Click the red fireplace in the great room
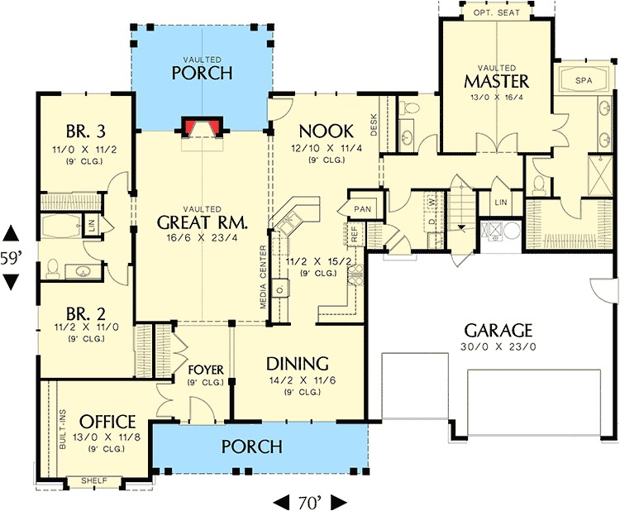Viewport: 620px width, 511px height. coord(202,127)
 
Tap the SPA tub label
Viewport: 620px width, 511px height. coord(584,81)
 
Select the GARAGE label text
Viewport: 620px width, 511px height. coord(498,330)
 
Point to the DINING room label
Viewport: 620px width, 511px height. coord(298,364)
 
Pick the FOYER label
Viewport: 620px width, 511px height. coord(203,369)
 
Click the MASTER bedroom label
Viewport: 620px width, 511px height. coord(496,81)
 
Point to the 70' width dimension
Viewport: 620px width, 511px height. coord(309,500)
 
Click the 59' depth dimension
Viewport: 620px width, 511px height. coord(11,257)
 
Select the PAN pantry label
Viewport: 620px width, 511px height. coord(363,209)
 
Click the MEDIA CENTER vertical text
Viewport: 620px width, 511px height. coord(263,276)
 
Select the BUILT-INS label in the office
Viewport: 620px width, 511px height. coord(63,430)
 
